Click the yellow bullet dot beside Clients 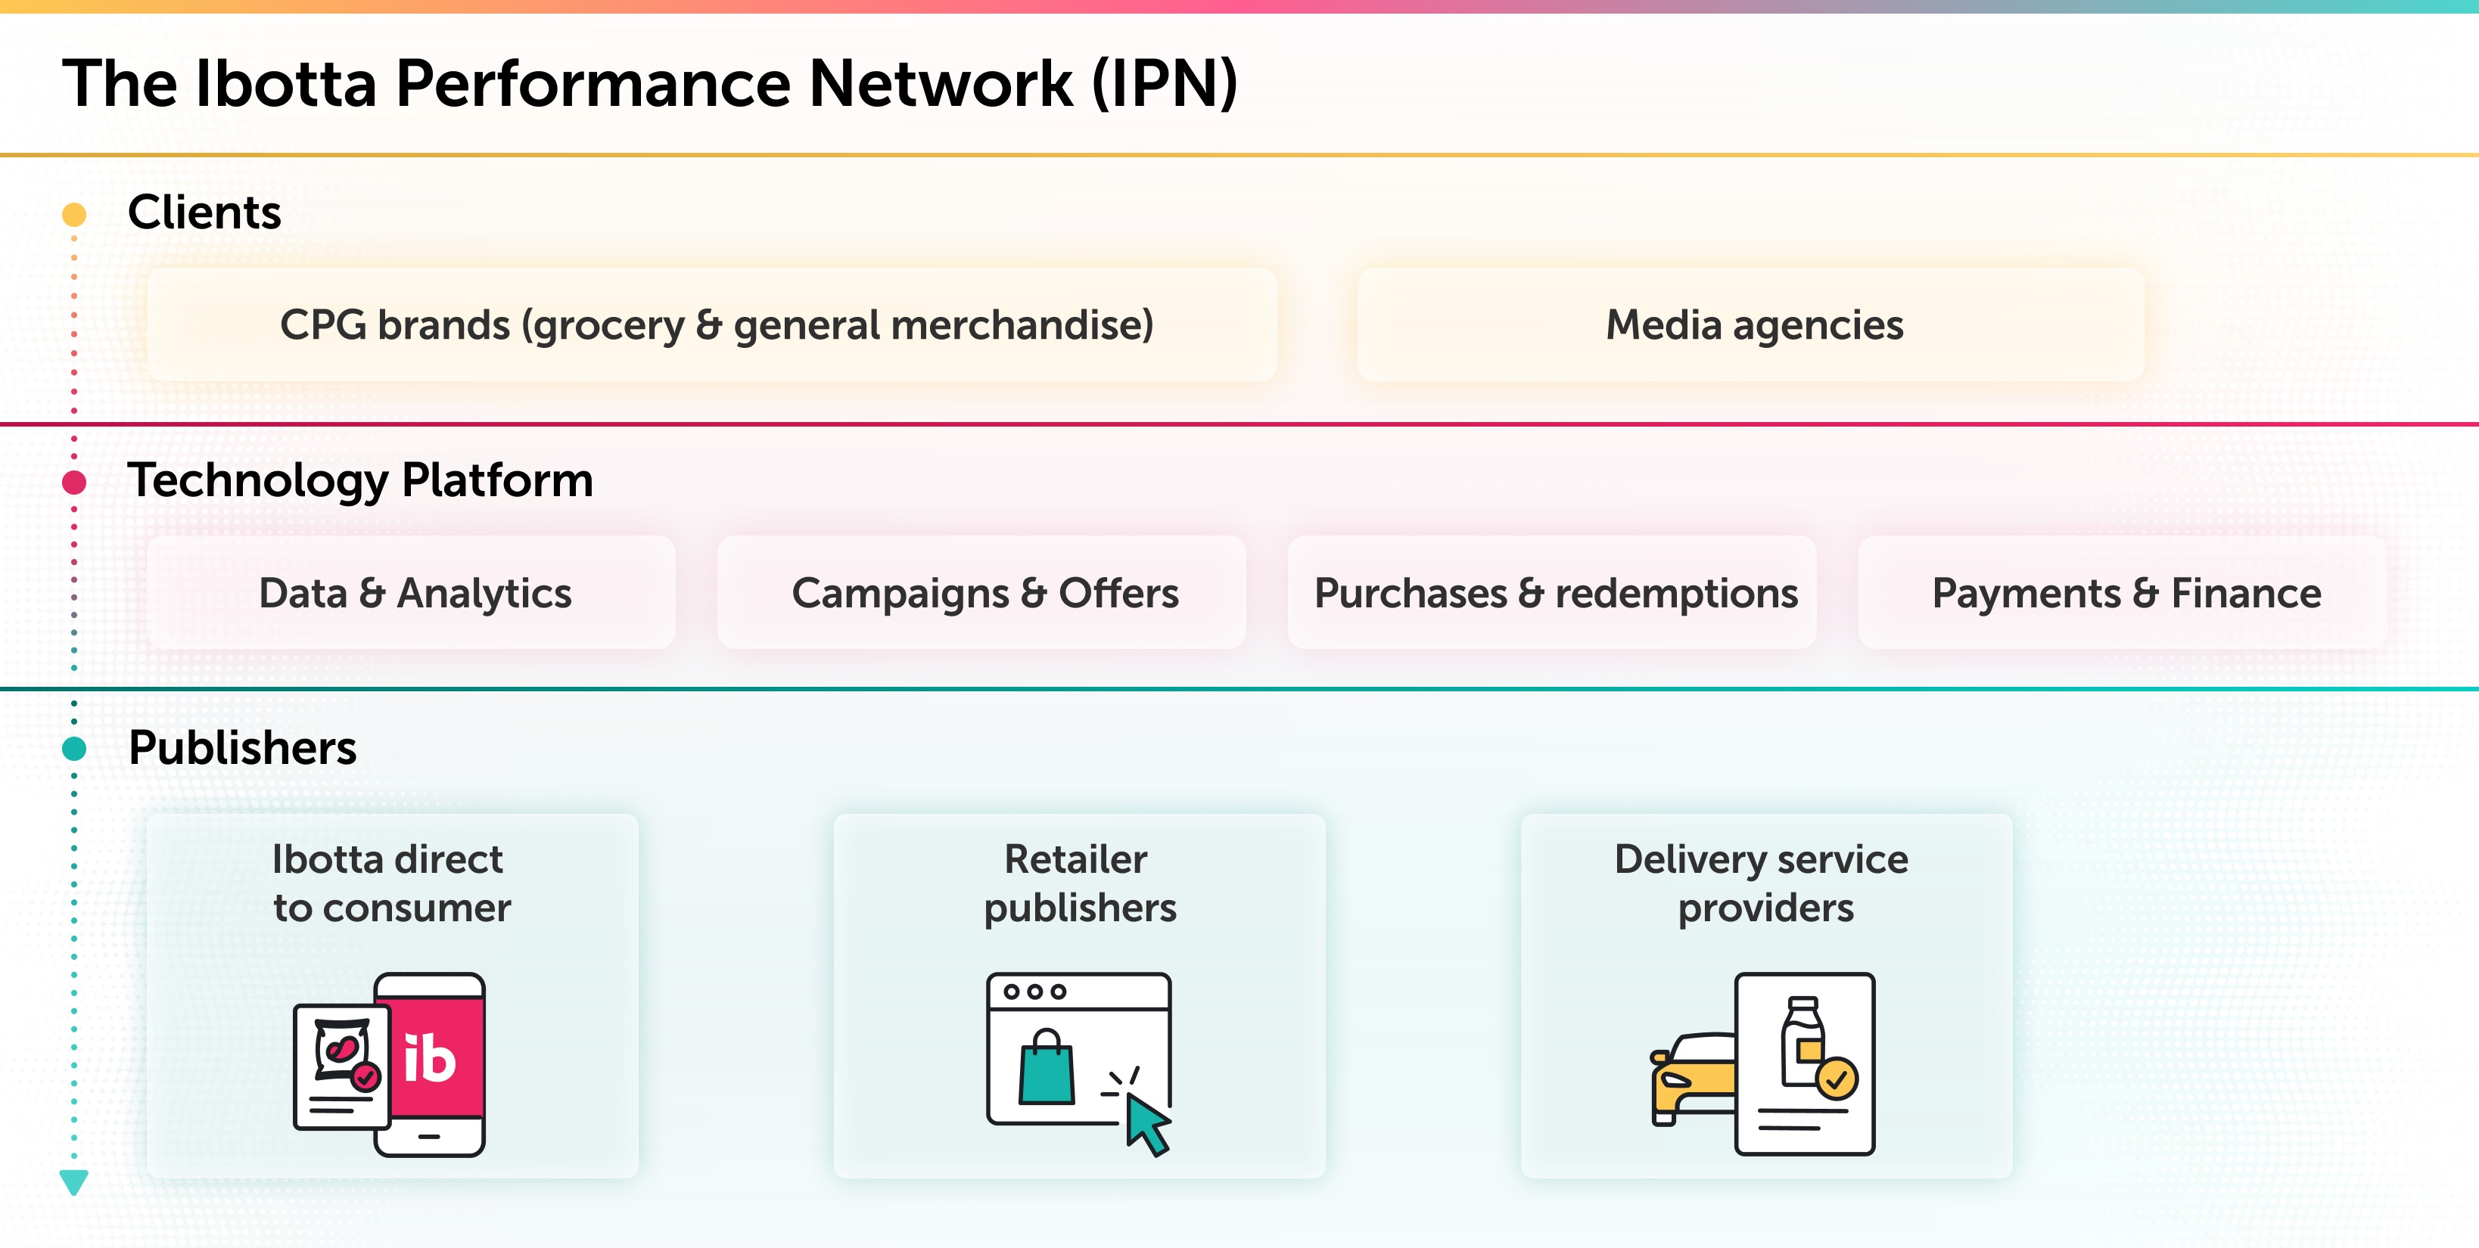pos(74,213)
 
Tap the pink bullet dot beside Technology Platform pos(74,482)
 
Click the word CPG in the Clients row pos(322,325)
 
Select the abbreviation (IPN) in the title pos(1165,84)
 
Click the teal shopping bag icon pos(1046,1070)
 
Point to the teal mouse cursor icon pos(1147,1124)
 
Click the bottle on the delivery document pos(1800,1041)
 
